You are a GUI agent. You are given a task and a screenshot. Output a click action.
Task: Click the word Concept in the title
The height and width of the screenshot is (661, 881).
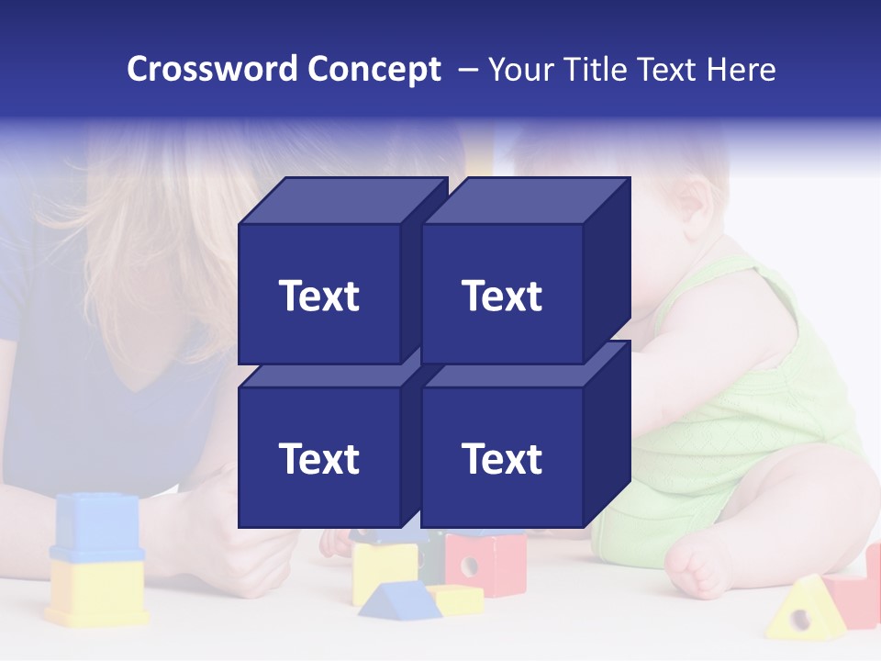(x=374, y=69)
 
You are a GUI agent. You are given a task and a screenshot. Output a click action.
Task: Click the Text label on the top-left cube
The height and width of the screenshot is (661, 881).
(x=319, y=296)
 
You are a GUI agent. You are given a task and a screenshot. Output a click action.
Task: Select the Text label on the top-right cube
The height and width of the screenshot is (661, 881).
(x=502, y=296)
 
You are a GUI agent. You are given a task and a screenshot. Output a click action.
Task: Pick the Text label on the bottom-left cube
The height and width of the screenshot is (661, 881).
(x=319, y=458)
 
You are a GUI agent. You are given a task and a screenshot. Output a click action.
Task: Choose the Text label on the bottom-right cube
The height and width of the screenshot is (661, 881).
(x=502, y=458)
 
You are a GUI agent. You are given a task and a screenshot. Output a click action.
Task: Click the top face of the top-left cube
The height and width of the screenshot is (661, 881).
(x=342, y=200)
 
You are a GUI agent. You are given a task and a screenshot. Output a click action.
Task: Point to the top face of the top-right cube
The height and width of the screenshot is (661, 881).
(x=525, y=200)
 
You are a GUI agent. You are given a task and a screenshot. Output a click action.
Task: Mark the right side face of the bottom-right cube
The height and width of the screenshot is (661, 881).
(x=607, y=431)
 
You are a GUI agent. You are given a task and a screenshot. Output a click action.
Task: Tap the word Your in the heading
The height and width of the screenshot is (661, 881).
(x=521, y=69)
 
